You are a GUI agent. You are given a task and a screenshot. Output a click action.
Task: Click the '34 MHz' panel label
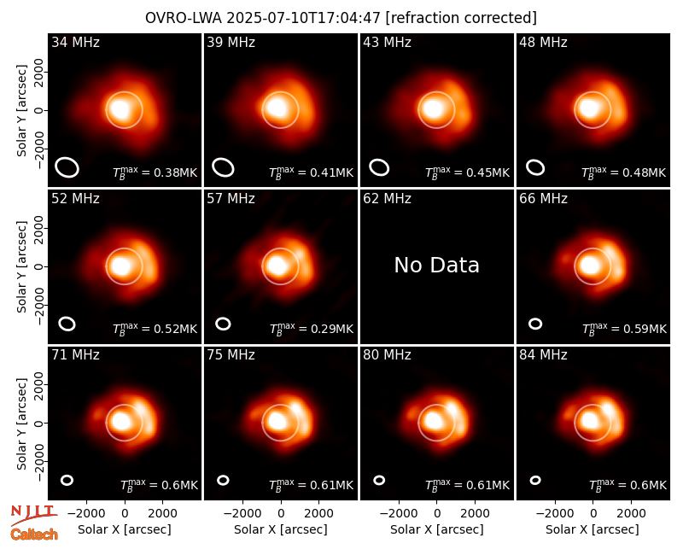coord(75,42)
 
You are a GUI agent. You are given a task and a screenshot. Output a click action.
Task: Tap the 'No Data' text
coord(436,266)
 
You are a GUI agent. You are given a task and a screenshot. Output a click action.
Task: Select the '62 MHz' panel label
coord(387,199)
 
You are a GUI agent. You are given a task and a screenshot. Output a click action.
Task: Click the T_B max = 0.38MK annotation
coord(155,172)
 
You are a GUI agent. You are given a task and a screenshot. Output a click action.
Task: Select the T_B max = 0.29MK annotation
coord(312,329)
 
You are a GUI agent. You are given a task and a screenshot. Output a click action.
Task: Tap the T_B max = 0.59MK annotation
coord(624,329)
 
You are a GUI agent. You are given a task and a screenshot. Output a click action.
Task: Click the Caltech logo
coord(34,535)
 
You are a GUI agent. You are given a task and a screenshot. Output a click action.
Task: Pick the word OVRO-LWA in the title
coord(184,18)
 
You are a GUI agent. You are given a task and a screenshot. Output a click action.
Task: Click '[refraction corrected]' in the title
coord(461,18)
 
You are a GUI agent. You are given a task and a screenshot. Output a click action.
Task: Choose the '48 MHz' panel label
coord(543,42)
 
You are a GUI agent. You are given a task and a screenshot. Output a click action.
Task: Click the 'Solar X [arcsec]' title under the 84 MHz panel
coord(593,529)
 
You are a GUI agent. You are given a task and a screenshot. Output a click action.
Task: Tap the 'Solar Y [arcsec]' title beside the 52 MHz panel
coord(21,266)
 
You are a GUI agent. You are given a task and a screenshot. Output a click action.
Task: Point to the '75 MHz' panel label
coord(231,355)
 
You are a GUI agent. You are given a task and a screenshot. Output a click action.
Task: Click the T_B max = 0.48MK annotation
coord(624,172)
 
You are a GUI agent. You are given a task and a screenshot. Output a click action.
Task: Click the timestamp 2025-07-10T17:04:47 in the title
coord(304,18)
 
